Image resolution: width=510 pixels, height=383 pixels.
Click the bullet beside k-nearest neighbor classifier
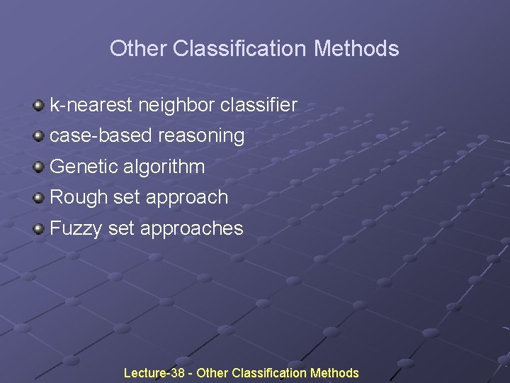tap(38, 106)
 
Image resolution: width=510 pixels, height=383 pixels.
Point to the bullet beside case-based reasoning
tap(38, 135)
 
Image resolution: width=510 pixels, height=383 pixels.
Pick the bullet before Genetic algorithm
tap(38, 167)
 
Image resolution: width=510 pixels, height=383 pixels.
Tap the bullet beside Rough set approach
tap(38, 197)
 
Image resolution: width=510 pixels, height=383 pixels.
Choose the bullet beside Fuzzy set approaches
tap(38, 228)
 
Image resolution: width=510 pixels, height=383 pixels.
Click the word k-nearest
tap(91, 106)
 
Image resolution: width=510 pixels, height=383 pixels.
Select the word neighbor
tap(176, 106)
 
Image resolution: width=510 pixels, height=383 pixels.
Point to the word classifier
tap(259, 106)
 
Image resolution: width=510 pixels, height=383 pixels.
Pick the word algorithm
tap(164, 167)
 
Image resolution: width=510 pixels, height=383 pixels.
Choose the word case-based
tap(101, 135)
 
